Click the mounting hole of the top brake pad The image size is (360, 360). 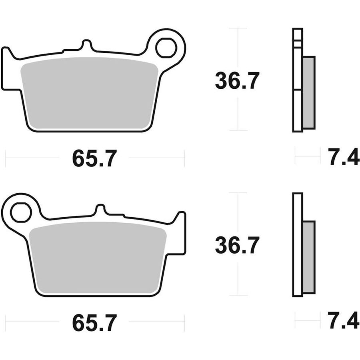click(x=166, y=48)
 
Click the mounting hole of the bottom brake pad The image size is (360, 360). click(x=21, y=212)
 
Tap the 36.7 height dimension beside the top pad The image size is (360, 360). click(x=237, y=80)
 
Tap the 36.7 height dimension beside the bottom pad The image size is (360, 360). click(x=237, y=245)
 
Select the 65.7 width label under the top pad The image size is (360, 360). click(x=94, y=158)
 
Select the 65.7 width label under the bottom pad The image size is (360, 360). click(x=94, y=323)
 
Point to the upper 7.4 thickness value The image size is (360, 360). click(x=344, y=157)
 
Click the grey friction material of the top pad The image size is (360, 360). click(x=89, y=93)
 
